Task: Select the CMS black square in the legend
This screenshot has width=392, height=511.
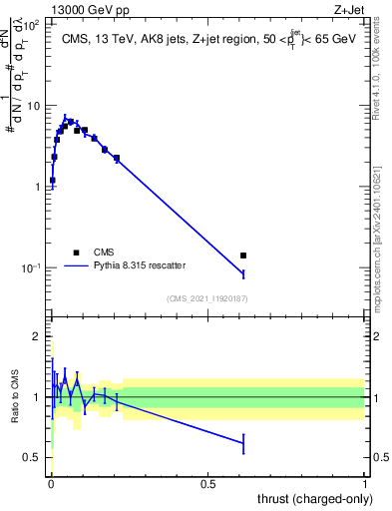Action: click(75, 253)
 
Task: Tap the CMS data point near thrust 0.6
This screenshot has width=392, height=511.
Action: click(242, 255)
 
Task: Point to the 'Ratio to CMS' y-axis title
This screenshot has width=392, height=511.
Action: click(15, 397)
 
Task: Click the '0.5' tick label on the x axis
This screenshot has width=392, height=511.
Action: click(207, 483)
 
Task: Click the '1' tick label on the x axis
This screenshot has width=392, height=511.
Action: click(365, 483)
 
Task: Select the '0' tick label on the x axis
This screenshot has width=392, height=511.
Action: click(51, 483)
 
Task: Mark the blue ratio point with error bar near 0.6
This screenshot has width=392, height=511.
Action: click(242, 442)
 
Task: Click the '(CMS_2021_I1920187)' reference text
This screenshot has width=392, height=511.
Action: click(206, 297)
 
